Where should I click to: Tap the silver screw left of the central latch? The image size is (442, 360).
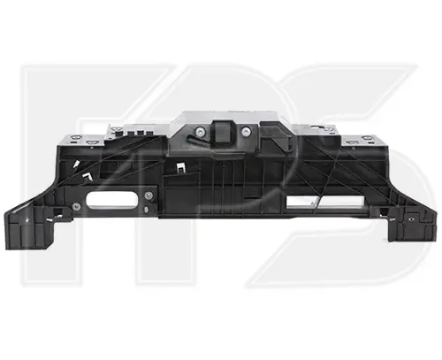(x=202, y=131)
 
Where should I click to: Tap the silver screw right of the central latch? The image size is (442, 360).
(x=245, y=132)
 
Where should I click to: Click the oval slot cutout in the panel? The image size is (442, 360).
(x=111, y=200)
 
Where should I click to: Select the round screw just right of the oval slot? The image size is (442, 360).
(x=149, y=195)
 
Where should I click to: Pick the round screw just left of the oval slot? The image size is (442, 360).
(x=76, y=206)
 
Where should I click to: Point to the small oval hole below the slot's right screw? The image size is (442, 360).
(x=147, y=210)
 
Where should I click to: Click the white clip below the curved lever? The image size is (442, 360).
(x=180, y=168)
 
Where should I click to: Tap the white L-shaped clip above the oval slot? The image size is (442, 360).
(x=88, y=175)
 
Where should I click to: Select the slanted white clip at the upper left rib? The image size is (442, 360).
(x=76, y=164)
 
